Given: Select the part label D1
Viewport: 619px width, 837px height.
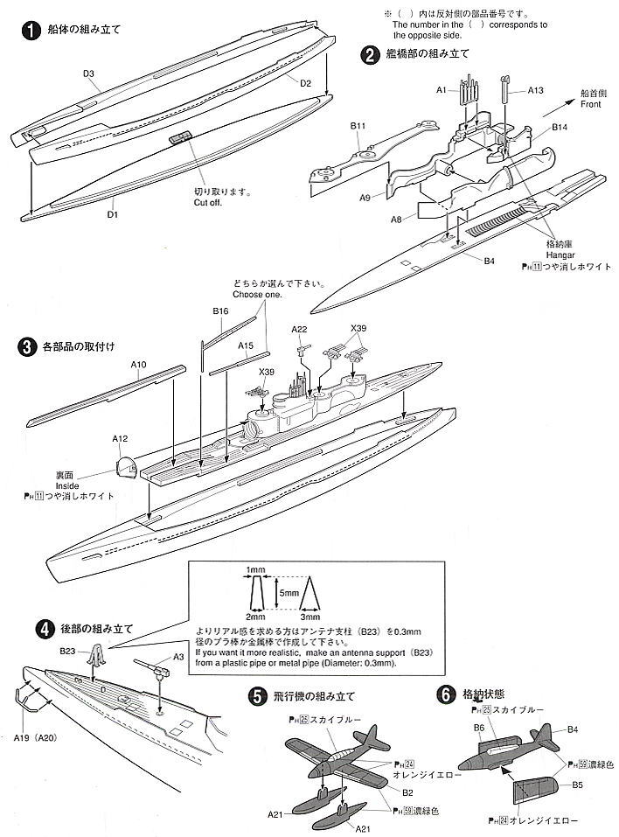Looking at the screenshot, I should [112, 212].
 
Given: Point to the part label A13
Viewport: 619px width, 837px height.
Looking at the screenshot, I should [536, 90].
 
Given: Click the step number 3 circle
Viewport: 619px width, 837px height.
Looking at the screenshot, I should [27, 347].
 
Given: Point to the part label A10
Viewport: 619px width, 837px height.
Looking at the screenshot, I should [139, 363].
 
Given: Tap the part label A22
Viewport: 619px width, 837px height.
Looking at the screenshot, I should [300, 329].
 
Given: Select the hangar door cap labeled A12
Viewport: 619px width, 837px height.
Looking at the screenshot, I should [126, 468].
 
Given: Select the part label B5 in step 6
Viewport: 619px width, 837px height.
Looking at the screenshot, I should [577, 785].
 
